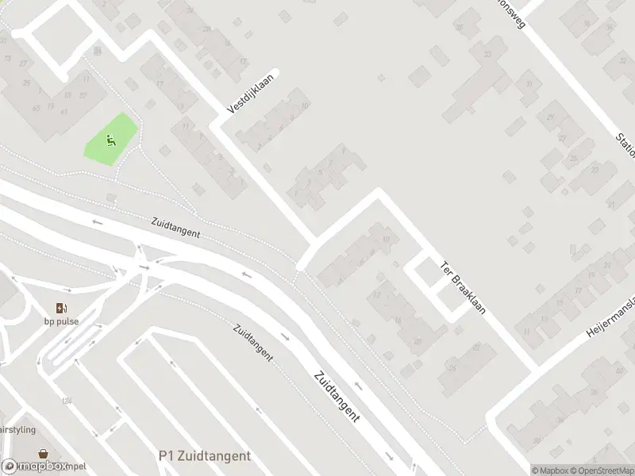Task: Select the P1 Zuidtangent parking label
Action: click(x=204, y=456)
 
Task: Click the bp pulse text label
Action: click(x=61, y=322)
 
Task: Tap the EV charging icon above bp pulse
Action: click(x=61, y=308)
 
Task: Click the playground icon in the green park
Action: click(x=110, y=141)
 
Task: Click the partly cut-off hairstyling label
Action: click(x=17, y=429)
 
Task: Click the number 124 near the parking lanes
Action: click(x=67, y=400)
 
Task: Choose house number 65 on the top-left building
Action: click(x=36, y=108)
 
